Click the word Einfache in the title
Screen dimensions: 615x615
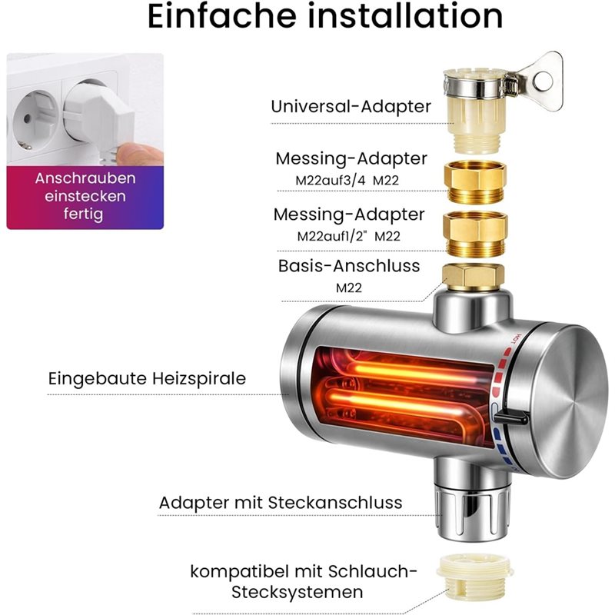point(221,15)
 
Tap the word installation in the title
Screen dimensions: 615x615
point(405,15)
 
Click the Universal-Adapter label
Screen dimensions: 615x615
point(351,106)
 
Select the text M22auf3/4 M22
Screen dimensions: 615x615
point(347,180)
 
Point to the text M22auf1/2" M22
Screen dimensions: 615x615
point(349,236)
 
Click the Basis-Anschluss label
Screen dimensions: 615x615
point(349,265)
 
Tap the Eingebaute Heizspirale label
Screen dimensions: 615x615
point(147,379)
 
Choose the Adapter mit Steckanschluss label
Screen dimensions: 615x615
point(281,503)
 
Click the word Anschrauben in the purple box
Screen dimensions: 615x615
point(85,178)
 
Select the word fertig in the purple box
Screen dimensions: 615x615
point(84,214)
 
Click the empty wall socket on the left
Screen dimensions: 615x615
point(33,120)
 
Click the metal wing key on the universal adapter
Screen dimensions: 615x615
point(540,81)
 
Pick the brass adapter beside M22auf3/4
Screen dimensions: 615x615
point(475,182)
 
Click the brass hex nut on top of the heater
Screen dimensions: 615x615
point(474,278)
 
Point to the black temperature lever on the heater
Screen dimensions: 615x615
point(510,418)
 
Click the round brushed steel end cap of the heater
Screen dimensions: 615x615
point(566,403)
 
